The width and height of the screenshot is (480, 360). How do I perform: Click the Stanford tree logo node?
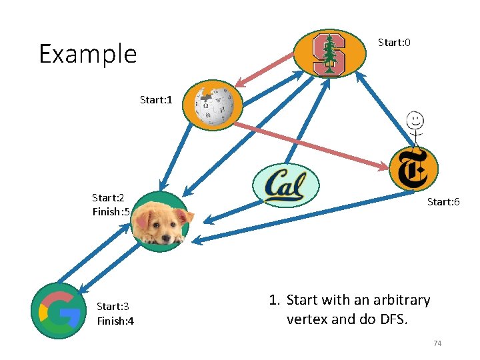pyautogui.click(x=329, y=54)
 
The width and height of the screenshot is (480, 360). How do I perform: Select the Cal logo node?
pyautogui.click(x=286, y=185)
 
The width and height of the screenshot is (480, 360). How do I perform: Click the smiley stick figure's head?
pyautogui.click(x=415, y=121)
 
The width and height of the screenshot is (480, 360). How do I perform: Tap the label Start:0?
pyautogui.click(x=394, y=43)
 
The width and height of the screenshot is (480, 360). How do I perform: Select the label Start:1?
pyautogui.click(x=156, y=100)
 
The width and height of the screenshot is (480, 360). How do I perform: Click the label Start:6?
pyautogui.click(x=443, y=201)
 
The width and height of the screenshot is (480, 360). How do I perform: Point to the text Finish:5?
pyautogui.click(x=111, y=212)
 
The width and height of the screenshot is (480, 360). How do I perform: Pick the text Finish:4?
pyautogui.click(x=115, y=321)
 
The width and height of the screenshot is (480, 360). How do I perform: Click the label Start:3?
pyautogui.click(x=113, y=307)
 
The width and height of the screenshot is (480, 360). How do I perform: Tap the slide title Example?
pyautogui.click(x=87, y=54)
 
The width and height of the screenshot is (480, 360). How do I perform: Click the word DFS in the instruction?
pyautogui.click(x=393, y=319)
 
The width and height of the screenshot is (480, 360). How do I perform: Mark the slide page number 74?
pyautogui.click(x=438, y=343)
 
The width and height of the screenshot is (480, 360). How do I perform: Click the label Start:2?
pyautogui.click(x=108, y=197)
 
